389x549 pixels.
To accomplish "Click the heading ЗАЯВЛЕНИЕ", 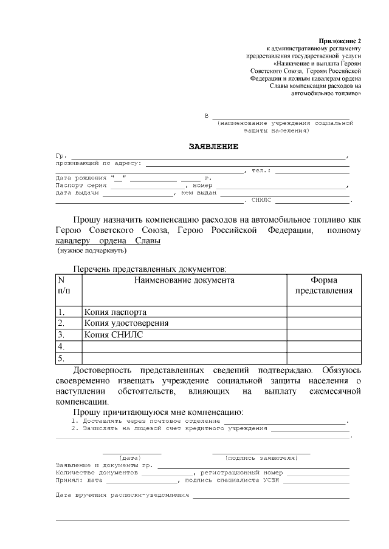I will click(x=213, y=147).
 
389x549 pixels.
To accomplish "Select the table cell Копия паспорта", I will click(x=115, y=312).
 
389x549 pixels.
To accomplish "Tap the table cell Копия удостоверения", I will click(x=126, y=323).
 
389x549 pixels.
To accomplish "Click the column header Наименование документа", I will click(x=184, y=280).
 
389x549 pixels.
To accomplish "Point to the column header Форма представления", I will click(x=324, y=286).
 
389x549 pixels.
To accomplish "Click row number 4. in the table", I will click(x=61, y=346).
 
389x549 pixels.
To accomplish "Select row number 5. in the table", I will click(x=61, y=358).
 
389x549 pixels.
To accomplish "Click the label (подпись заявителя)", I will click(x=261, y=457).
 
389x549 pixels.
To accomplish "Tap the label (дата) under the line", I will click(x=131, y=457).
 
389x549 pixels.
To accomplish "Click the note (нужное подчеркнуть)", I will click(x=92, y=250).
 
